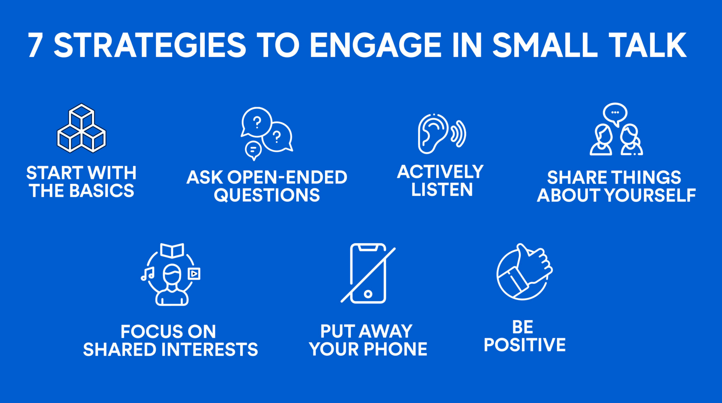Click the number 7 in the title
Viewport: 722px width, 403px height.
click(x=35, y=45)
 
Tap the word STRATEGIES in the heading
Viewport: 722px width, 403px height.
click(x=149, y=45)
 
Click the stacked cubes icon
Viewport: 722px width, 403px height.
click(x=81, y=129)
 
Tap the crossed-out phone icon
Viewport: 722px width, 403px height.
click(x=368, y=273)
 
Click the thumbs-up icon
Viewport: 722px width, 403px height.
click(x=524, y=272)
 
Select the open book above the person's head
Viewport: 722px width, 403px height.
click(x=172, y=250)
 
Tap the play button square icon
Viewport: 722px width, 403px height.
click(x=194, y=273)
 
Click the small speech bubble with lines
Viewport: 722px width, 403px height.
click(x=253, y=150)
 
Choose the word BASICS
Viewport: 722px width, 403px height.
click(x=102, y=191)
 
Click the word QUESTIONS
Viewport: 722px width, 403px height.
click(x=267, y=195)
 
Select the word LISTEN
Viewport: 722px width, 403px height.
click(x=442, y=190)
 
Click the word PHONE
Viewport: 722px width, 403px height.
click(x=395, y=349)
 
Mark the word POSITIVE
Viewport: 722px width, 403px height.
click(x=525, y=345)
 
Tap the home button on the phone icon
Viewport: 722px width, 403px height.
click(x=368, y=294)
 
